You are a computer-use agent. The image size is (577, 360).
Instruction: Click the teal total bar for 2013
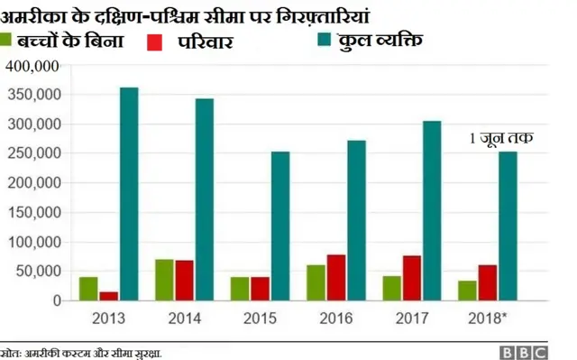coord(129,193)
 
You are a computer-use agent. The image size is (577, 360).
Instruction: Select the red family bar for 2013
coord(109,295)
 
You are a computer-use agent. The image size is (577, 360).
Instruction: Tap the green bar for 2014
coord(164,280)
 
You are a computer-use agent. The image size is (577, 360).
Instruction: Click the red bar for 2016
coord(336,277)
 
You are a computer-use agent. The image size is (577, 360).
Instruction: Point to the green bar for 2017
coord(391,288)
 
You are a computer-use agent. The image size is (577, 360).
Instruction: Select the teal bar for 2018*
coord(508,226)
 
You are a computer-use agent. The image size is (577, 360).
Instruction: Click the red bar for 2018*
coord(488,282)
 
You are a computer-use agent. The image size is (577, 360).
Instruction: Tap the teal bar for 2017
coord(432,210)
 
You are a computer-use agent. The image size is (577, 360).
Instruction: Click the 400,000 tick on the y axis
coord(32,66)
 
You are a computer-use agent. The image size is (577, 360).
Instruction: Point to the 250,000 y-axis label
coord(32,153)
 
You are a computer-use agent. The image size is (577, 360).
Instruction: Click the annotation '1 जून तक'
coord(500,138)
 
